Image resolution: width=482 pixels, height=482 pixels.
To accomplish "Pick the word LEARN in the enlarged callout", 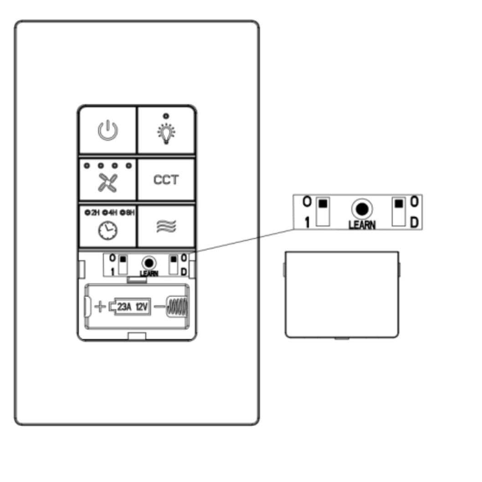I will click(362, 225).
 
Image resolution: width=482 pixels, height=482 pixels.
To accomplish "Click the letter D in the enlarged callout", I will click(415, 223).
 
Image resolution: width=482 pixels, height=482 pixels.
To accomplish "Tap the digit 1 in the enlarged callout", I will click(307, 223).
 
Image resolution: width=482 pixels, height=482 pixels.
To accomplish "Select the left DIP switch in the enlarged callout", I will click(323, 211).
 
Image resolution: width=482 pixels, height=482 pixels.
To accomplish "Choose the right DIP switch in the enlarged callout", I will click(400, 211).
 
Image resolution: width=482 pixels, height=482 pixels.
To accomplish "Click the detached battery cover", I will click(342, 294).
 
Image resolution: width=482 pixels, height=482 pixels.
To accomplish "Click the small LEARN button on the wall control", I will click(148, 262).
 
